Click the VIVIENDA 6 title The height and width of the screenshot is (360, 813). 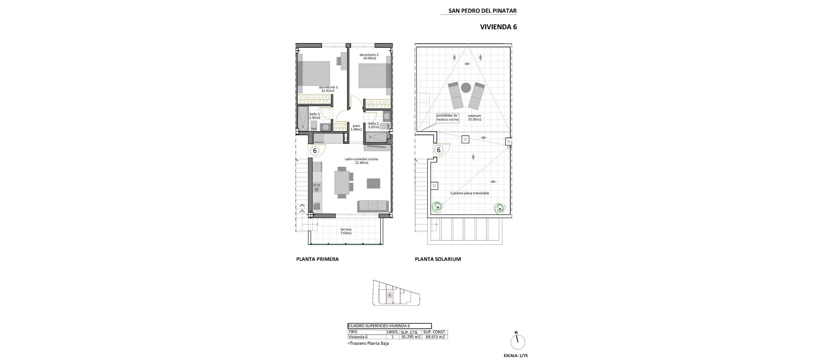498,27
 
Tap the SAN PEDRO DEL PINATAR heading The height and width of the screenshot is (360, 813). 484,11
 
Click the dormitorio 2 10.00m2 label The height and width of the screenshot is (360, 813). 369,56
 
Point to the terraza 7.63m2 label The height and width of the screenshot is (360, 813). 346,231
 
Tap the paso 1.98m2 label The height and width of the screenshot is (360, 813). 356,127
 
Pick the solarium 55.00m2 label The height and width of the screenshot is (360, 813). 474,117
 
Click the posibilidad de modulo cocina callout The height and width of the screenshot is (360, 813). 448,117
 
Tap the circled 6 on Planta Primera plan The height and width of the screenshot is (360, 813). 314,150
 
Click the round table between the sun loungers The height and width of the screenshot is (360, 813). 466,88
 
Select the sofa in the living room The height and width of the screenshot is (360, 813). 373,206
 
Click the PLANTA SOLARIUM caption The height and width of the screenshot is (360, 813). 437,259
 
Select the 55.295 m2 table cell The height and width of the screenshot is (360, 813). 411,337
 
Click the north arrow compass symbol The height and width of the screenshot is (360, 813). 517,341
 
